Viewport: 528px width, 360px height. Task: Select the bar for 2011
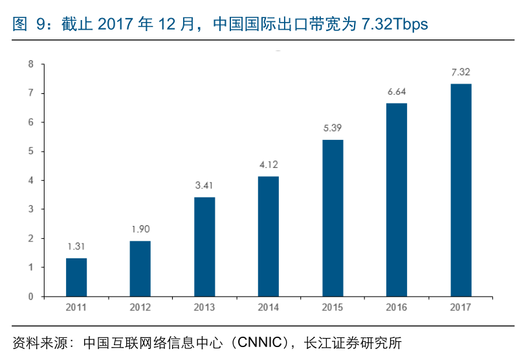click(76, 277)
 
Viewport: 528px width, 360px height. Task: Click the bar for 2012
click(140, 269)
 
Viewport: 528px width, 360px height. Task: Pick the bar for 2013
click(204, 247)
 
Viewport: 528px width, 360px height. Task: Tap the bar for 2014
click(269, 236)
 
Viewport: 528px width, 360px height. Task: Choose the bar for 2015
click(333, 218)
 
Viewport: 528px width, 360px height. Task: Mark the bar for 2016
click(397, 199)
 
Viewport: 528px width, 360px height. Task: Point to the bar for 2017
click(461, 190)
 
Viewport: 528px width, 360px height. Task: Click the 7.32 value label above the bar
click(461, 72)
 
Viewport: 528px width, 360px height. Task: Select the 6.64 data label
click(397, 92)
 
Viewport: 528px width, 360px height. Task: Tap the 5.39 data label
click(333, 128)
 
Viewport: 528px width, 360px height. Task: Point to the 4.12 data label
click(269, 165)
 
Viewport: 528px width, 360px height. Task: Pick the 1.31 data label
click(76, 247)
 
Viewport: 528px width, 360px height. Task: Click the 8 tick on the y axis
click(30, 64)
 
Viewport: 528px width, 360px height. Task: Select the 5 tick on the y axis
click(30, 152)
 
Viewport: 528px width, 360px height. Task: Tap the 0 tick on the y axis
click(30, 297)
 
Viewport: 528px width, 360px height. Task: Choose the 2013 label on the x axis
click(204, 308)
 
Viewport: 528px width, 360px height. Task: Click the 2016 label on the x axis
click(397, 308)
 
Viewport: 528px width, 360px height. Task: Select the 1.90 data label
click(140, 229)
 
